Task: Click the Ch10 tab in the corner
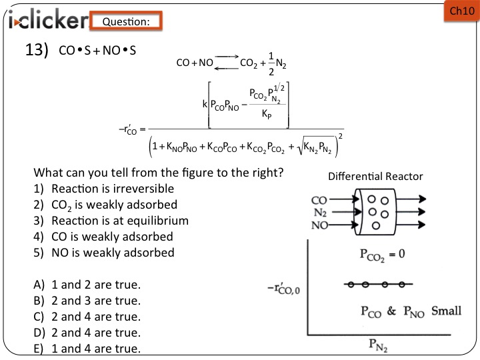461,11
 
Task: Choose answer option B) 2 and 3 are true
87,300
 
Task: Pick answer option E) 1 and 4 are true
87,348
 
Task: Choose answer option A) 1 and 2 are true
87,285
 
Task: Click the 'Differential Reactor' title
375,177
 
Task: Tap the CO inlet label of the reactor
320,199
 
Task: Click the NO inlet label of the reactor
320,225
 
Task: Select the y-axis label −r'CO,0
283,289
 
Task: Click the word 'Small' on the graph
447,311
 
